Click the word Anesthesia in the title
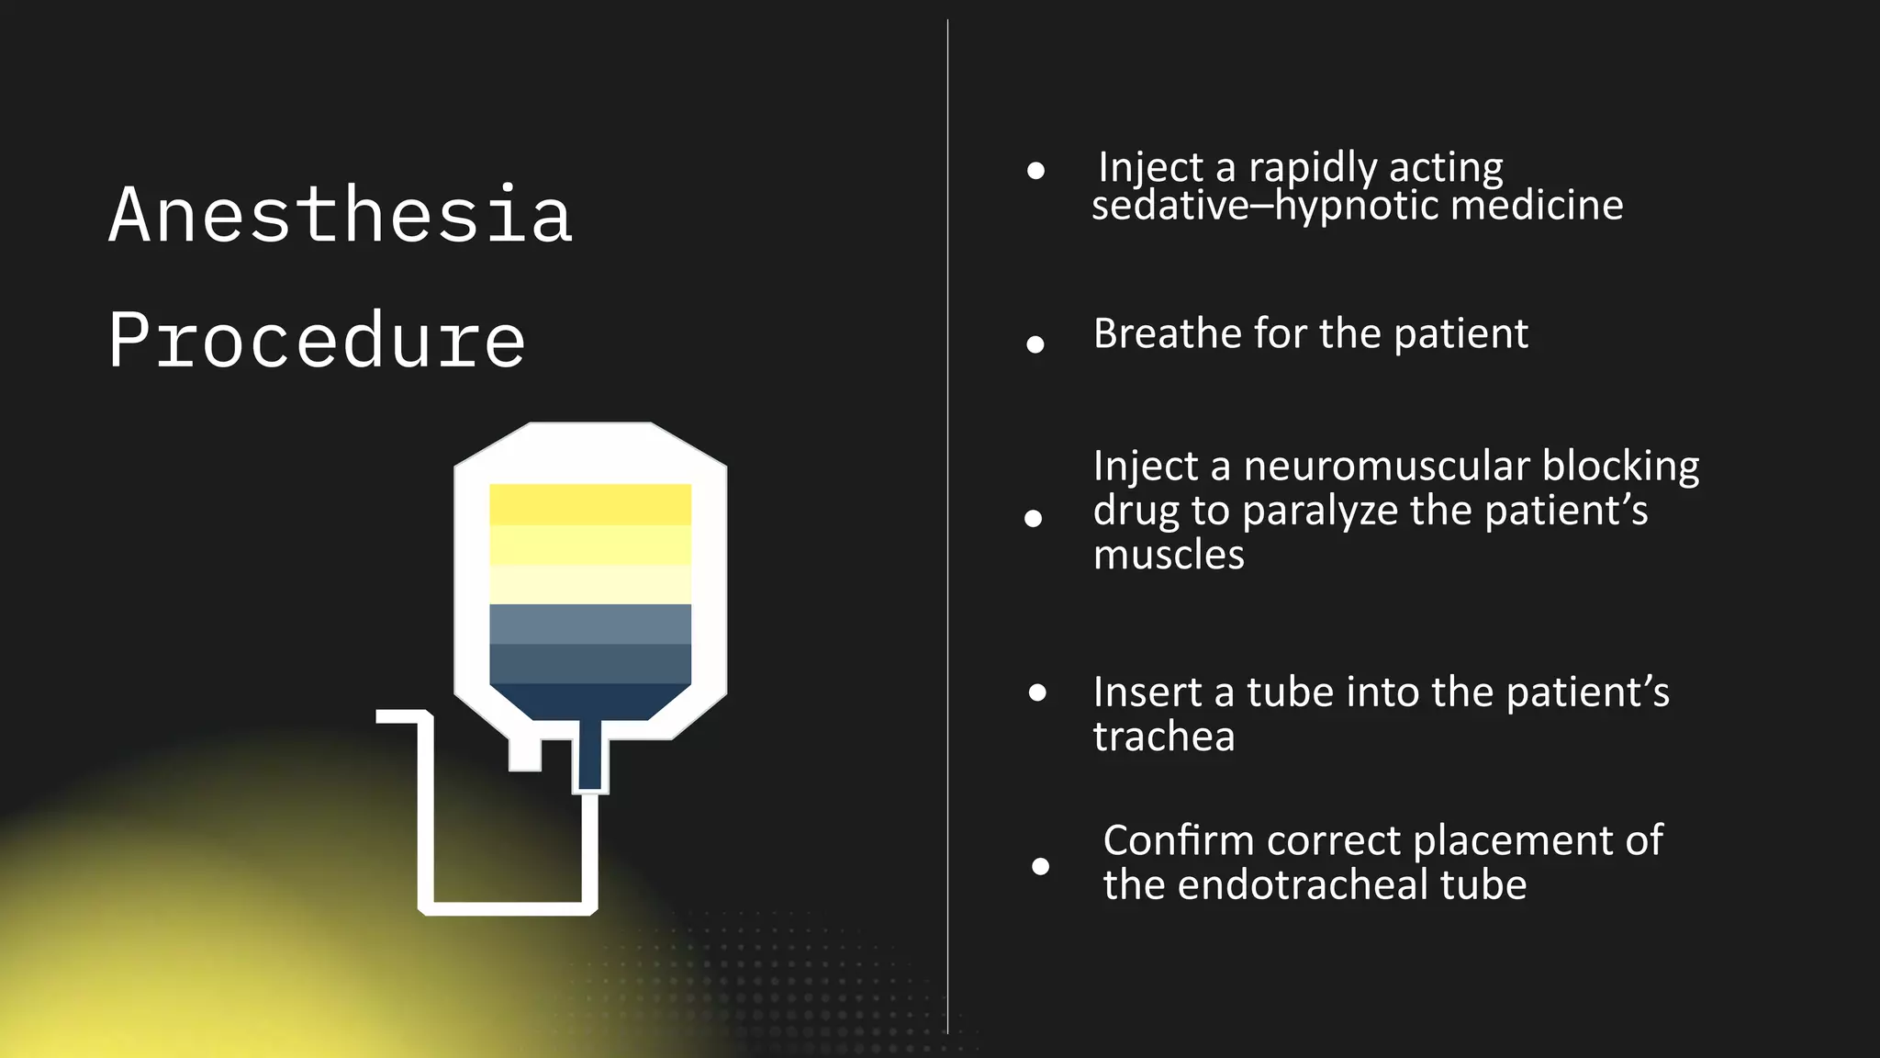[x=341, y=215]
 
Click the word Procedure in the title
[x=317, y=340]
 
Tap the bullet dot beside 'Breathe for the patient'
[x=1035, y=344]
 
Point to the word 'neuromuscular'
[x=1387, y=467]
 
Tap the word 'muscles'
[x=1169, y=555]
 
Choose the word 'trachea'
[x=1164, y=737]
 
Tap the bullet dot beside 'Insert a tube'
[x=1037, y=692]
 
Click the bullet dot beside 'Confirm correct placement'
[x=1040, y=866]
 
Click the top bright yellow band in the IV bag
[x=590, y=504]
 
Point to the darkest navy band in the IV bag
[x=590, y=701]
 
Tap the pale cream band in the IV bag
[x=590, y=585]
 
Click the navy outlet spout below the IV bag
[x=589, y=755]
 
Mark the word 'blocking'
[x=1620, y=467]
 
